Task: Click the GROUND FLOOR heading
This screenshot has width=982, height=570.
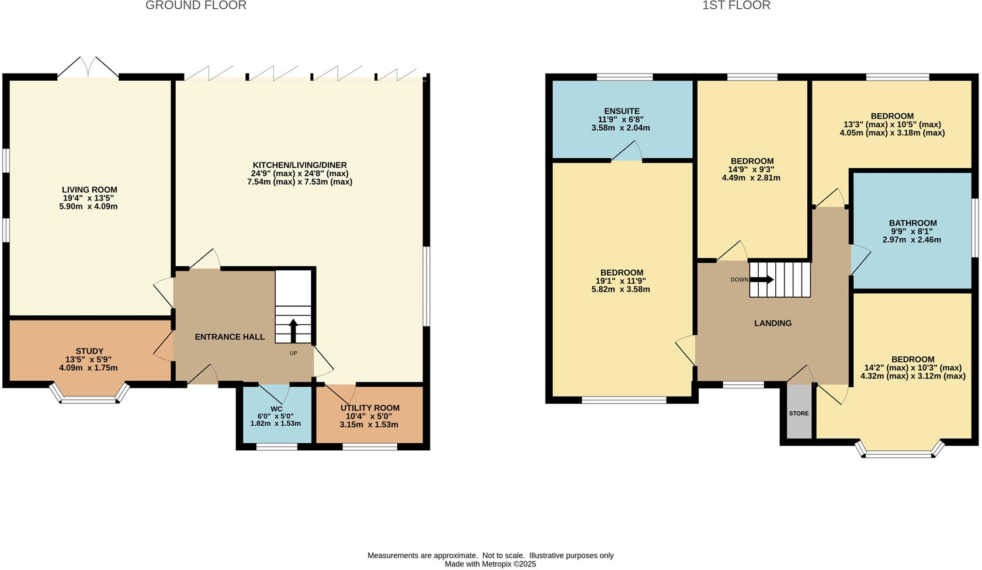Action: pyautogui.click(x=196, y=6)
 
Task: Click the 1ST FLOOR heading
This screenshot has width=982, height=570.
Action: pyautogui.click(x=736, y=6)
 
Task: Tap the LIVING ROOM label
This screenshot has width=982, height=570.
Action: pyautogui.click(x=89, y=190)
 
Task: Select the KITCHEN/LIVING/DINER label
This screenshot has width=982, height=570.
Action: pyautogui.click(x=300, y=165)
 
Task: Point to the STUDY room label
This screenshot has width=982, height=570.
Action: pyautogui.click(x=89, y=352)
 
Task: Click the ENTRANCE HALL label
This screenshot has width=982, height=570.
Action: pyautogui.click(x=230, y=337)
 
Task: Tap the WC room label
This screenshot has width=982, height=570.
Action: pyautogui.click(x=276, y=408)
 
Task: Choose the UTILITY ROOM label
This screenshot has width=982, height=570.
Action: pyautogui.click(x=370, y=408)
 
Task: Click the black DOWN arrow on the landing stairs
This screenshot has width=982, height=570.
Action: pyautogui.click(x=761, y=280)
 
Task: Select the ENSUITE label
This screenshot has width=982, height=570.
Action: pyautogui.click(x=622, y=111)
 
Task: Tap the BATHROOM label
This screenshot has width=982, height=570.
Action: pyautogui.click(x=912, y=223)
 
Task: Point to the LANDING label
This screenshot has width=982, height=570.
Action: pyautogui.click(x=773, y=323)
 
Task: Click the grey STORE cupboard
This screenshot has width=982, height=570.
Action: pyautogui.click(x=799, y=413)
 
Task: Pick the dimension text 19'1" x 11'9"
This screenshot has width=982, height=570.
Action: pyautogui.click(x=622, y=281)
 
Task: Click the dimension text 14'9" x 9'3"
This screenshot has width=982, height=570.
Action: pyautogui.click(x=752, y=169)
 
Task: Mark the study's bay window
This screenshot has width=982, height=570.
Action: pyautogui.click(x=89, y=396)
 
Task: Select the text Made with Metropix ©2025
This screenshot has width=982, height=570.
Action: pyautogui.click(x=490, y=564)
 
